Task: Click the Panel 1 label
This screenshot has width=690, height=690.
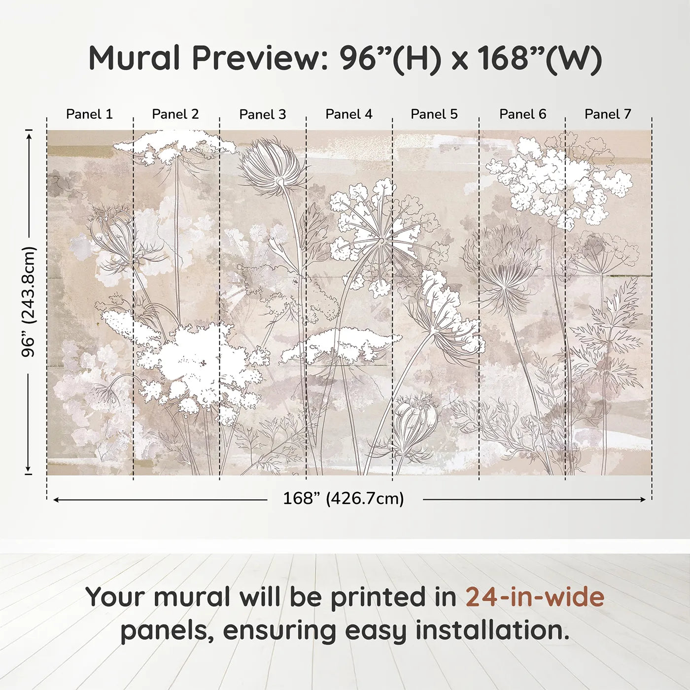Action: coord(89,114)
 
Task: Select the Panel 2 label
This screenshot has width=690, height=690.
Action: coord(175,114)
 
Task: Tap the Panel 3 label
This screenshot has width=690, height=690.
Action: coord(262,114)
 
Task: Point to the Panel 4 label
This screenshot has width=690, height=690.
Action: coord(349,114)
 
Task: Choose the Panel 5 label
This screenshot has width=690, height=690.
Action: coord(434,114)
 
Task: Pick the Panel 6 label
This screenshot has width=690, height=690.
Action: coord(522,114)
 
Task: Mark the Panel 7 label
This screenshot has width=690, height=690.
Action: coord(608,114)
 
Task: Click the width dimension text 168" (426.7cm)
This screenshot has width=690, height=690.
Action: coord(343,499)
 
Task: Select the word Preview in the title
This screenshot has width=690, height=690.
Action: coord(256,58)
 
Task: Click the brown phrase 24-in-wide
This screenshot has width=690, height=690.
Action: coord(535,597)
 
